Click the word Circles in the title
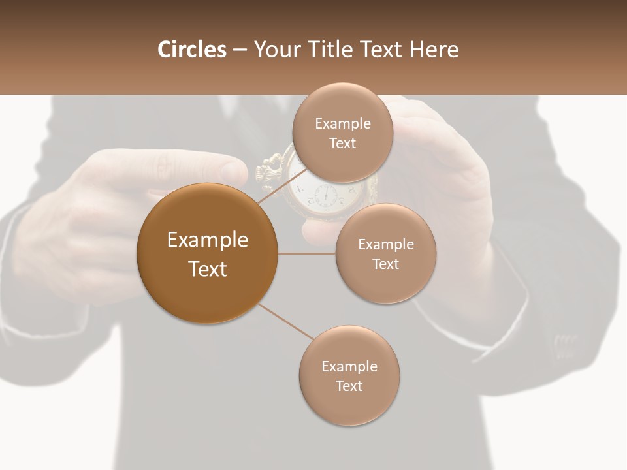(192, 50)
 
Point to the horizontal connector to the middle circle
(307, 253)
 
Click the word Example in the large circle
(208, 240)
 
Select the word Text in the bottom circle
(349, 386)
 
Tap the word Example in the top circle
(343, 124)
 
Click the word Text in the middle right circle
(385, 264)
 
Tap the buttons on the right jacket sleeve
(565, 341)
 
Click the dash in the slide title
(240, 50)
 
